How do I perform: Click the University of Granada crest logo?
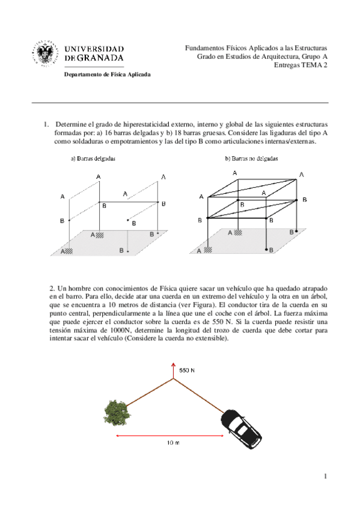click(45, 54)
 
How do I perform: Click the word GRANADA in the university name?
click(100, 58)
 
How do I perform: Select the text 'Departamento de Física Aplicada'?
click(107, 75)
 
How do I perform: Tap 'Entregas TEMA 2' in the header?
click(301, 65)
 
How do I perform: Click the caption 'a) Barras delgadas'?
click(93, 159)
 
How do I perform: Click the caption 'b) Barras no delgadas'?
click(251, 159)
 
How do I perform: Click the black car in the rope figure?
click(241, 429)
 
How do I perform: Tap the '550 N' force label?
click(187, 370)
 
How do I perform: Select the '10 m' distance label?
click(173, 443)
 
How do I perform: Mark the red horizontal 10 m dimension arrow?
click(170, 435)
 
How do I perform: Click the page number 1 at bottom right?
click(325, 476)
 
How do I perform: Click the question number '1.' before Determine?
click(46, 124)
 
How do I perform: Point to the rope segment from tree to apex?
click(149, 393)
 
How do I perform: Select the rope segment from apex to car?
click(199, 395)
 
